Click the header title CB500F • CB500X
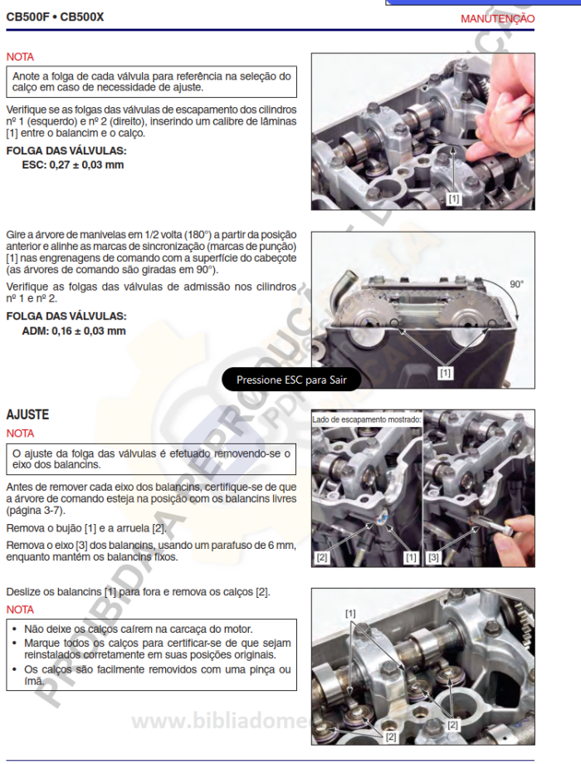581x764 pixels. pos(55,17)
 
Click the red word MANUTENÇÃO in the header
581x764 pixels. pos(497,18)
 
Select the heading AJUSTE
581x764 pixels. pos(27,414)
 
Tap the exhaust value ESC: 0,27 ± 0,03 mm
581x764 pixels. pos(73,164)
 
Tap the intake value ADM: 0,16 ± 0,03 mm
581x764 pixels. pos(74,331)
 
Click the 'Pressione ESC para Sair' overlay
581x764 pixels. pos(290,380)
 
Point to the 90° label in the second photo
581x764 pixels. pos(516,284)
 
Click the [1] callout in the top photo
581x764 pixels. pos(453,199)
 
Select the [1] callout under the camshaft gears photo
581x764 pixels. pos(445,373)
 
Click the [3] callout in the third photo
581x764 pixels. pos(434,557)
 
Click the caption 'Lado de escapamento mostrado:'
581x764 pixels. pos(366,420)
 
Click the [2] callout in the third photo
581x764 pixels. pos(322,557)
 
